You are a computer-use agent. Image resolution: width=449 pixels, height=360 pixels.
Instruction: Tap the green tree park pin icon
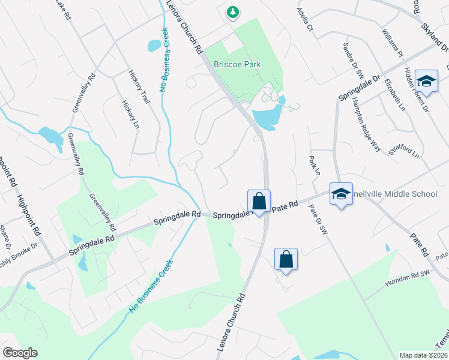232,11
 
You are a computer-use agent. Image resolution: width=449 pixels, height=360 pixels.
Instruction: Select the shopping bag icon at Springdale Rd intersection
259,200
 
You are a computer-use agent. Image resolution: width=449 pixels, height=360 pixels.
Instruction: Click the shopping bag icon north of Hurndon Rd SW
286,259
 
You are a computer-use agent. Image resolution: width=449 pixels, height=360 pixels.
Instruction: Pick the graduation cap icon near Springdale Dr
426,81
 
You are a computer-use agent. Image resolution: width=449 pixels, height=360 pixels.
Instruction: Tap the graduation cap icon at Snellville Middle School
341,194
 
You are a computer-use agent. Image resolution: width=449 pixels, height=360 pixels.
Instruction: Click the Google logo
19,353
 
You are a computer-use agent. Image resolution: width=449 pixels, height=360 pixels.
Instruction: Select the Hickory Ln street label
129,115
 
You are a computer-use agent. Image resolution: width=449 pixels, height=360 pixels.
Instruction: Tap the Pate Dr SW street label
319,220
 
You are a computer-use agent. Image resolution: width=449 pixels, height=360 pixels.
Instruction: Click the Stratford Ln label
403,147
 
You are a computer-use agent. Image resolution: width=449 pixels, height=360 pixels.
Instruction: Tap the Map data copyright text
423,355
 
